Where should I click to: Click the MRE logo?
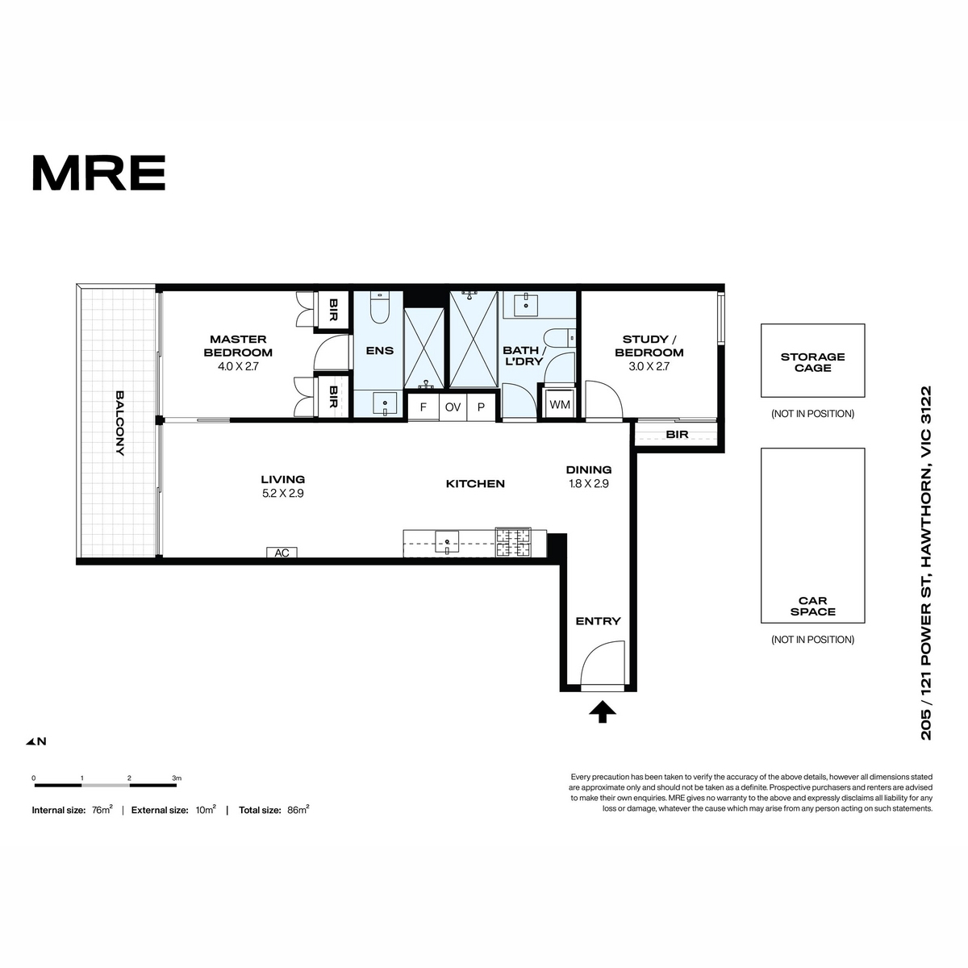(x=99, y=173)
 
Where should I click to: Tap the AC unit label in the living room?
(x=282, y=553)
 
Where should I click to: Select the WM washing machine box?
(x=560, y=404)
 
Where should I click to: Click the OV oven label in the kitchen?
(x=453, y=407)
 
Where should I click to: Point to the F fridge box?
(x=423, y=407)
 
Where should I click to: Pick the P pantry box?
(x=482, y=407)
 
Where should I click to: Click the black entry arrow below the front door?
(x=603, y=712)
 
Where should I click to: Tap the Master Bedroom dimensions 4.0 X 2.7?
(x=238, y=367)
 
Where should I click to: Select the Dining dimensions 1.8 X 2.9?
(x=589, y=484)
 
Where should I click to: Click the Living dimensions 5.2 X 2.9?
(x=283, y=494)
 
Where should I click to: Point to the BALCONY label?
(x=119, y=423)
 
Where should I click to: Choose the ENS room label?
(x=380, y=351)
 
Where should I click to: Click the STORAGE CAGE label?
(x=812, y=362)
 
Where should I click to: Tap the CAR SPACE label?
(x=812, y=606)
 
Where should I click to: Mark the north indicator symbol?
(x=36, y=741)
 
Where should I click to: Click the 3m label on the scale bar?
(x=177, y=778)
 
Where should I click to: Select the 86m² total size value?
(x=298, y=810)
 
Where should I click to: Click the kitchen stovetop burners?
(x=513, y=543)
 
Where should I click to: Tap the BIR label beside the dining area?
(x=677, y=434)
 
